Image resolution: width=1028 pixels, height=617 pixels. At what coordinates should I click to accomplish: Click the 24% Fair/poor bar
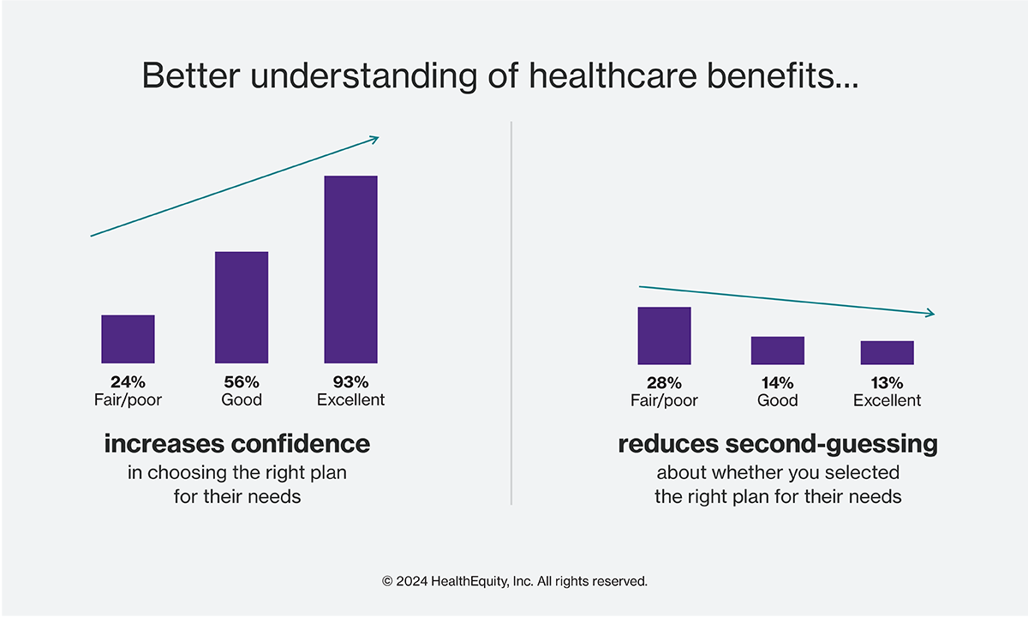(x=128, y=338)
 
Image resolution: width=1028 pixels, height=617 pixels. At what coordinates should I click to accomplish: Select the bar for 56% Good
(x=242, y=307)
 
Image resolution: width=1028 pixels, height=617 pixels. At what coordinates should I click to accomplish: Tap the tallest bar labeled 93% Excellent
(x=351, y=269)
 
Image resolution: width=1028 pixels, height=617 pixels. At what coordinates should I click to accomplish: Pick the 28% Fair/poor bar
(x=664, y=336)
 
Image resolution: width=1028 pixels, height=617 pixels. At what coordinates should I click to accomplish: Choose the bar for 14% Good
(x=778, y=350)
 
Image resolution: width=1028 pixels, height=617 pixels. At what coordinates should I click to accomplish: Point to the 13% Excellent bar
(x=888, y=352)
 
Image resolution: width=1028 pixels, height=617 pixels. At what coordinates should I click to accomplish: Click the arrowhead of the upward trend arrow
(x=375, y=139)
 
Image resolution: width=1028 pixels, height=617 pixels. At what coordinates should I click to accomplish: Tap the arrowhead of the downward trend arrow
(x=930, y=313)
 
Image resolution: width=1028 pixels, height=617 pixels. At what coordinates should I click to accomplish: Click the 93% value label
(x=351, y=382)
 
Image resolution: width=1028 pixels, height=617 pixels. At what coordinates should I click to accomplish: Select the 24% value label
(x=128, y=382)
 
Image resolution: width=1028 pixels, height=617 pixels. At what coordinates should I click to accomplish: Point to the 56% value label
(x=242, y=382)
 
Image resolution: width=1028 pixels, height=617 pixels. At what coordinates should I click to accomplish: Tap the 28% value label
(x=664, y=383)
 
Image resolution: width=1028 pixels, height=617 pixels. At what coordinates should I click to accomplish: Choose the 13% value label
(x=888, y=383)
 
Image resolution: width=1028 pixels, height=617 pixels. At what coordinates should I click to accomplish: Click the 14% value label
(x=778, y=383)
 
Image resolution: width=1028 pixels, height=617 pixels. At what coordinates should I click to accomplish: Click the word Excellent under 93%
(x=351, y=400)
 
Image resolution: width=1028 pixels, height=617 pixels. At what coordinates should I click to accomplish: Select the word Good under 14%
(x=778, y=401)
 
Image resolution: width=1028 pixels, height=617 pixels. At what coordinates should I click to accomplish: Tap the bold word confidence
(x=301, y=444)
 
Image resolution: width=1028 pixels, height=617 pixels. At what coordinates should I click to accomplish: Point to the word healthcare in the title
(x=613, y=75)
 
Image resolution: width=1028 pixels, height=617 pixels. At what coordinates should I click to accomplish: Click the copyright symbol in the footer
(x=387, y=582)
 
